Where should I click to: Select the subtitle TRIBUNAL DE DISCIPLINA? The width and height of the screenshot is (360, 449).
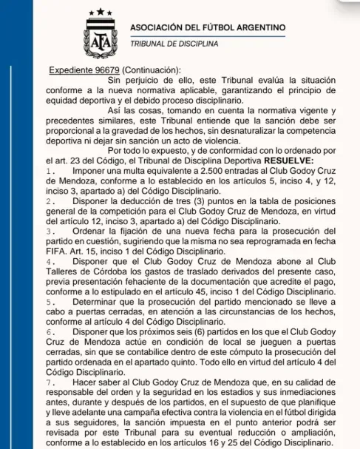pos(174,44)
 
